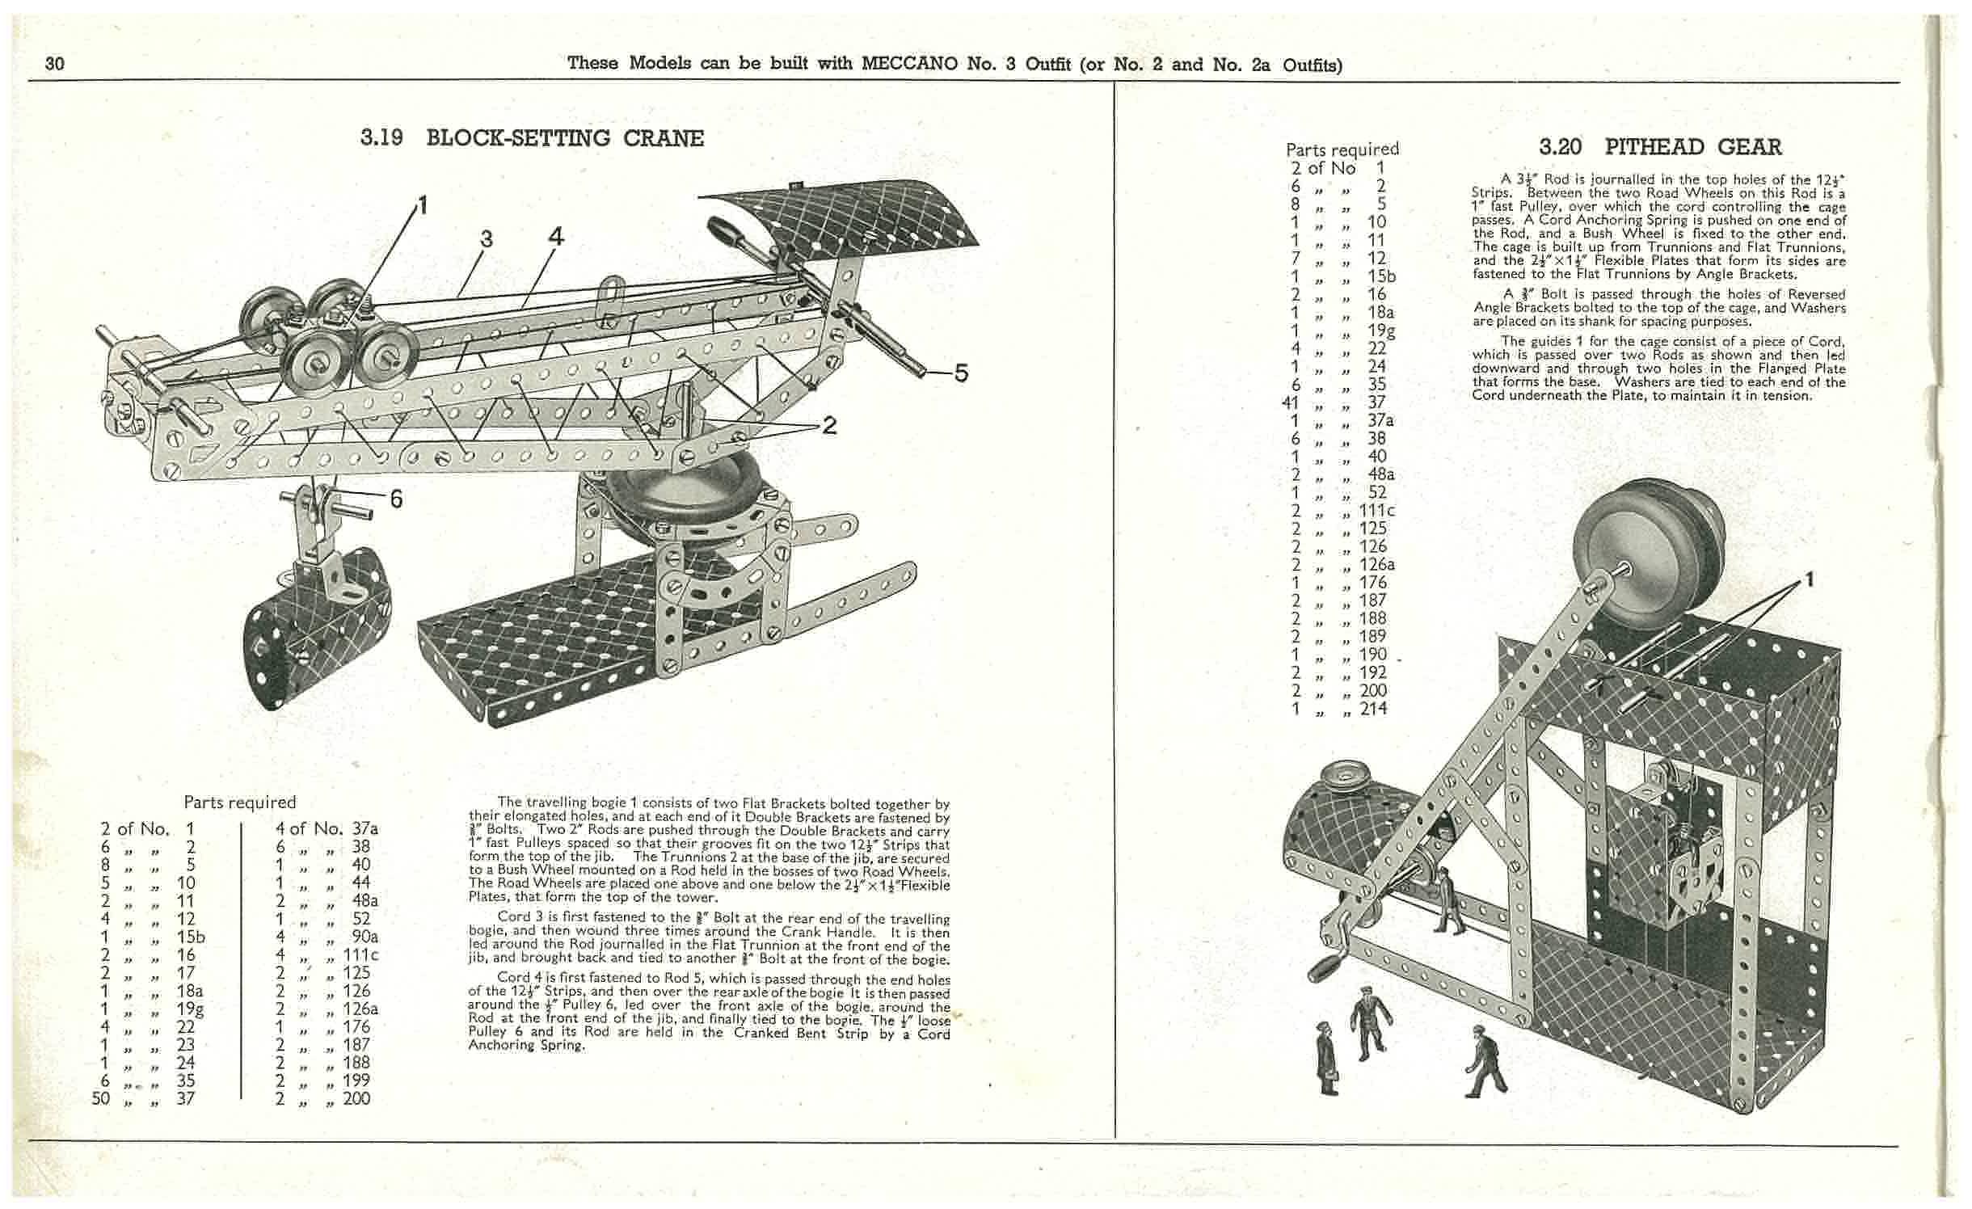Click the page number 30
pos(55,64)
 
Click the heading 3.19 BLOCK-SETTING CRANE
pos(532,138)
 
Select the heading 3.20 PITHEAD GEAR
pos(1660,147)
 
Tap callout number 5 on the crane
pos(960,373)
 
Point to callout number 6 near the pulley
pos(396,499)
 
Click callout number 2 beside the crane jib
pos(829,425)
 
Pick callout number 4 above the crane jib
pos(556,237)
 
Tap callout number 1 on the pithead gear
pos(1810,579)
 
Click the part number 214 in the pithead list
pos(1373,709)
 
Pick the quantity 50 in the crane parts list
pos(101,1098)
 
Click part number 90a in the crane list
pos(364,937)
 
